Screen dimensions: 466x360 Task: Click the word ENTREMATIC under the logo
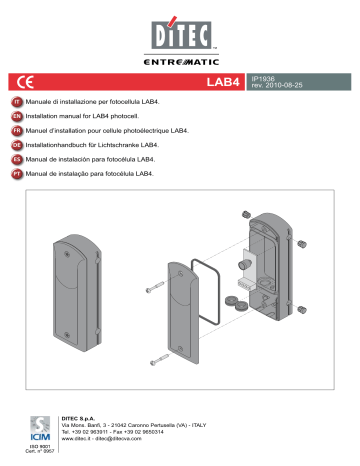pos(179,61)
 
